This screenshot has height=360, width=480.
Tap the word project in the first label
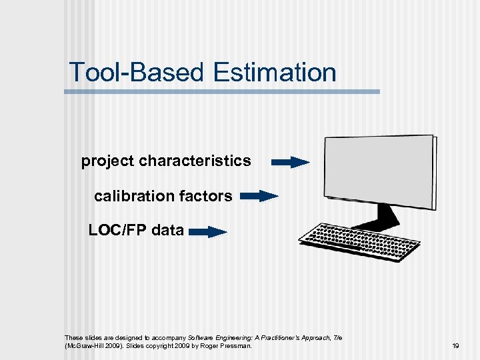click(107, 161)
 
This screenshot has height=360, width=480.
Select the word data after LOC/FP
click(167, 231)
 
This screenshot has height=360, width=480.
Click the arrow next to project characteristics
click(291, 162)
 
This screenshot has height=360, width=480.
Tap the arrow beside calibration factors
click(259, 196)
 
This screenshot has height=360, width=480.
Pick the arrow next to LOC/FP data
click(207, 232)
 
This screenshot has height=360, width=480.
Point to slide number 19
click(455, 346)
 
